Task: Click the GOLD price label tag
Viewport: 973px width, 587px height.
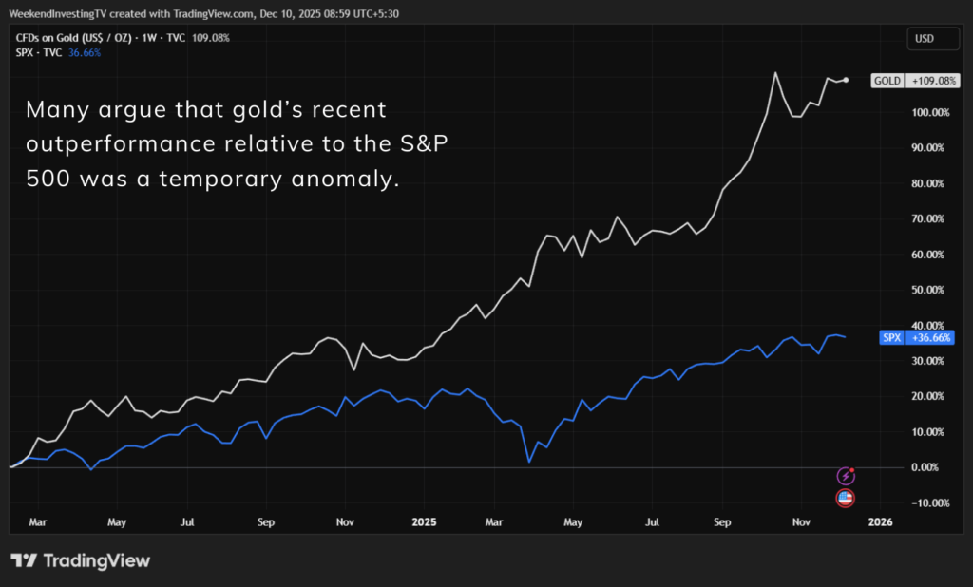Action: coord(912,81)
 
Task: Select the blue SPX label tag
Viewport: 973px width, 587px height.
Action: coord(913,337)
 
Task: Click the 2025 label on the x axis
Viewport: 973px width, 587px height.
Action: coord(423,522)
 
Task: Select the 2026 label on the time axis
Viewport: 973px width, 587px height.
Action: coord(880,522)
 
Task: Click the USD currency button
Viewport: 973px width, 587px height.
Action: coord(923,38)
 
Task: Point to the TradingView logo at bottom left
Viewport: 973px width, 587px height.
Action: coord(81,560)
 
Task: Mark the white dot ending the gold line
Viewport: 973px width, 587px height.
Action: coord(846,80)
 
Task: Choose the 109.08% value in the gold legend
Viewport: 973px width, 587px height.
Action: coord(208,38)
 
